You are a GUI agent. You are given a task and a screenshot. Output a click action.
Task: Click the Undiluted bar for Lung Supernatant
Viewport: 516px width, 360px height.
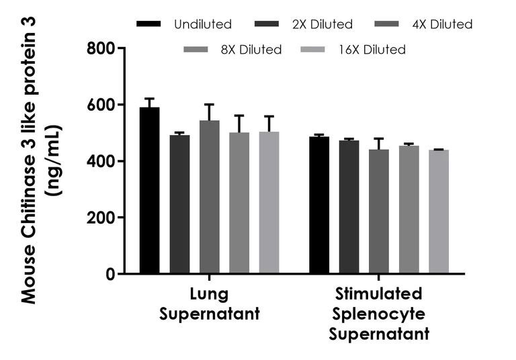149,191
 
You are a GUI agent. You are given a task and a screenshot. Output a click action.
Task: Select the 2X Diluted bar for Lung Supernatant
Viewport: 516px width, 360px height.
179,205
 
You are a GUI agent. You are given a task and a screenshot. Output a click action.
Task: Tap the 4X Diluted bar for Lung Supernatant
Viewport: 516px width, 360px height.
209,197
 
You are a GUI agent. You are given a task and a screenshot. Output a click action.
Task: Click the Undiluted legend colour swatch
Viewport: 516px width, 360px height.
149,24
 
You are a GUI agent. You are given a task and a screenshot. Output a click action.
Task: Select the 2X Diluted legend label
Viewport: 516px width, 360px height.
322,24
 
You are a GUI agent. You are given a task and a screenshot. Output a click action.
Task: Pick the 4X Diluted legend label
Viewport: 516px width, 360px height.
441,24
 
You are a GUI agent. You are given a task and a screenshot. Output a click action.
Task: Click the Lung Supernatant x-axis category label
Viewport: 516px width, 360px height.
209,304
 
